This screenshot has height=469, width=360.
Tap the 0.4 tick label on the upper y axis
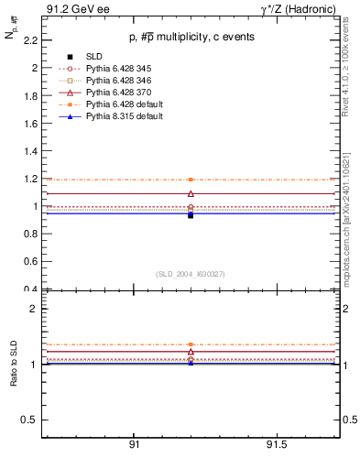pyautogui.click(x=29, y=289)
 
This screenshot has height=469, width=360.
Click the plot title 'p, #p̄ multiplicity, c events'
pyautogui.click(x=191, y=37)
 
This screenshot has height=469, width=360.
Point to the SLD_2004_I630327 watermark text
pyautogui.click(x=191, y=274)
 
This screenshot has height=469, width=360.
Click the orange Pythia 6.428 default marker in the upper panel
pyautogui.click(x=191, y=180)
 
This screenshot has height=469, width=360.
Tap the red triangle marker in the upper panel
pyautogui.click(x=191, y=193)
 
